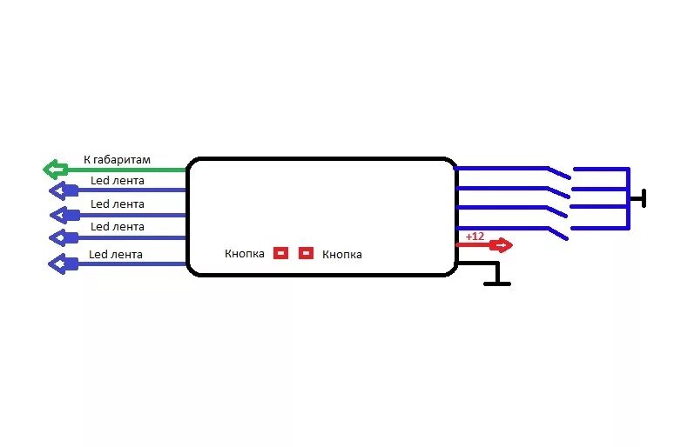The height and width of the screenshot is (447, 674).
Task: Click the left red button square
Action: point(280,253)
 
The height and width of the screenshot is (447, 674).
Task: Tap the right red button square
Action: point(306,253)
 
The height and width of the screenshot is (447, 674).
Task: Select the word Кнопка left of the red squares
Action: point(244,254)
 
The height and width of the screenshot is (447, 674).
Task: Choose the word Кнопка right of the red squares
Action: point(342,255)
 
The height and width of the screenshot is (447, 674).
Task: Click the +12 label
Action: point(475,236)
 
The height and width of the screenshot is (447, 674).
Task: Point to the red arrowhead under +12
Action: point(502,245)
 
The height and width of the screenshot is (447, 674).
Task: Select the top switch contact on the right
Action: point(557,171)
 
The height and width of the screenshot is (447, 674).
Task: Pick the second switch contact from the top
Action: point(557,191)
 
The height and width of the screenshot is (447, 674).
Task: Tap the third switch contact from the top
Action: point(557,210)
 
